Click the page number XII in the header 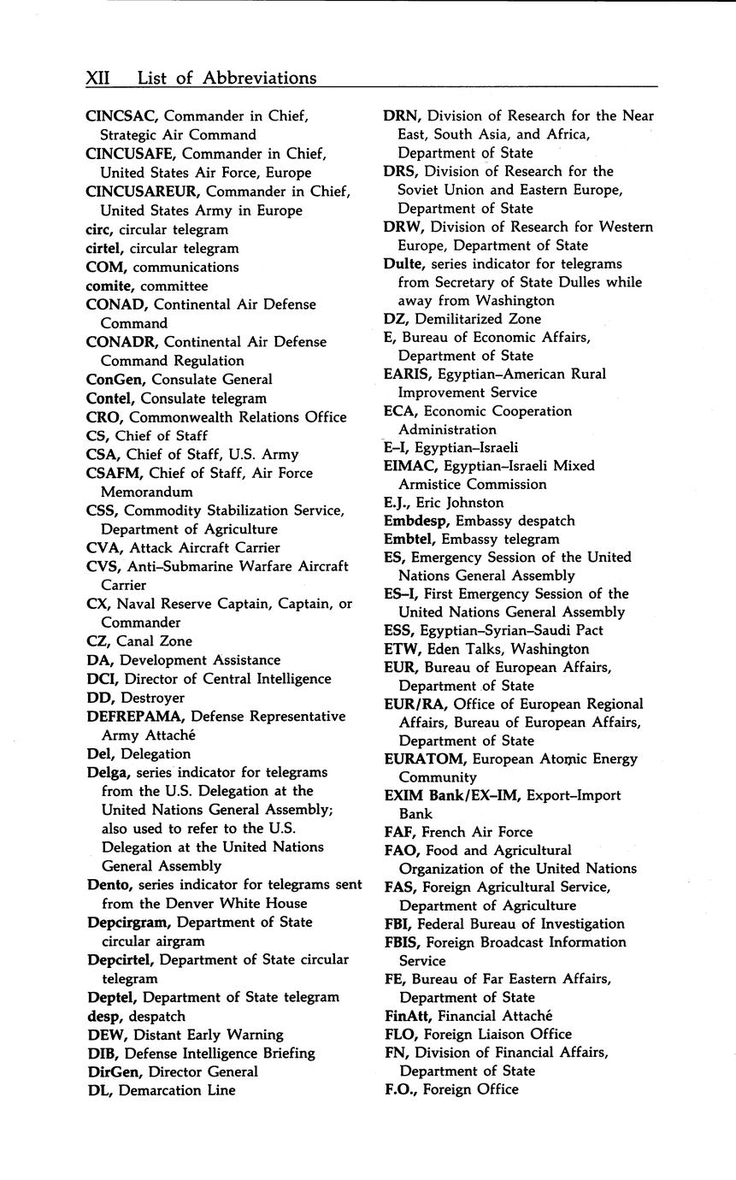pyautogui.click(x=101, y=79)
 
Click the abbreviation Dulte pyautogui.click(x=405, y=264)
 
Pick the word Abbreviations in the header pyautogui.click(x=259, y=79)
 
